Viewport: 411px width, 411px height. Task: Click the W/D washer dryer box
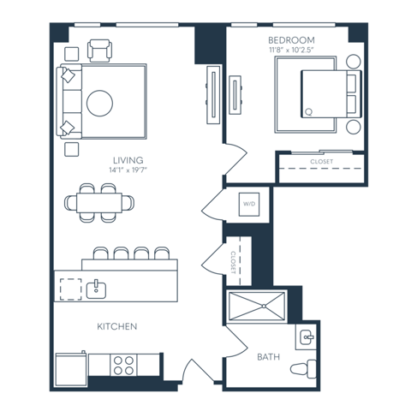[x=249, y=205]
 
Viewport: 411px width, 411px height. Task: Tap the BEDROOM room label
[x=291, y=40]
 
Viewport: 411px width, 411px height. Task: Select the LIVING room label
[x=128, y=160]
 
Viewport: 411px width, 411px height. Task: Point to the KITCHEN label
[x=117, y=326]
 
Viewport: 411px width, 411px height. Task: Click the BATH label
[x=269, y=357]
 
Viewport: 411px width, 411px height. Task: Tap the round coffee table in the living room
[x=99, y=103]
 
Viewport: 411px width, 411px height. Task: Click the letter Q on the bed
[x=308, y=112]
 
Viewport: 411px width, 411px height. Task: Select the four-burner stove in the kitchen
[x=123, y=366]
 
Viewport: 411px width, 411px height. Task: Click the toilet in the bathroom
[x=303, y=369]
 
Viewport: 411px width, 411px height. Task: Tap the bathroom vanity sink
[x=307, y=337]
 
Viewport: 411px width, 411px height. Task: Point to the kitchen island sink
[x=96, y=289]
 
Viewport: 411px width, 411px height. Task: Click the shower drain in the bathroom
[x=264, y=307]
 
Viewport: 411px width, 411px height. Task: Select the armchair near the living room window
[x=99, y=51]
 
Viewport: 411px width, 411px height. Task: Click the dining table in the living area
[x=99, y=203]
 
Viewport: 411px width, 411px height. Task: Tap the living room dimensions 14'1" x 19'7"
[x=128, y=170]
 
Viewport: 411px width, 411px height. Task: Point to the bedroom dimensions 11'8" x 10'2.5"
[x=291, y=50]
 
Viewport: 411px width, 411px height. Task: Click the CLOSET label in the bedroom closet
[x=322, y=162]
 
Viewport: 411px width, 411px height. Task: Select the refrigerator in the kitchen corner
[x=71, y=370]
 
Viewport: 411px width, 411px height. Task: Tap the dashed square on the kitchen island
[x=71, y=289]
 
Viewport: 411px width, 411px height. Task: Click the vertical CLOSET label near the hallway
[x=233, y=263]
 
